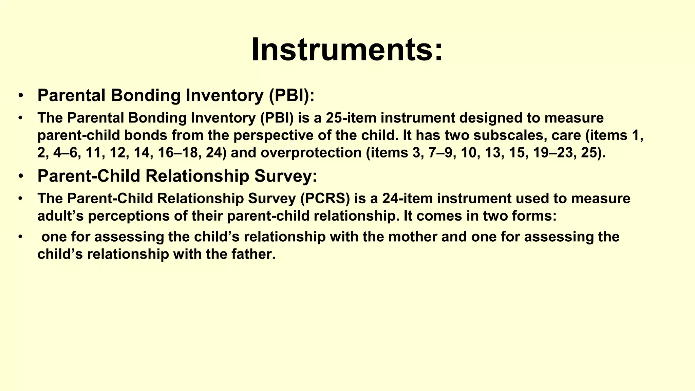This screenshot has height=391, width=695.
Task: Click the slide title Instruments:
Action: point(347,50)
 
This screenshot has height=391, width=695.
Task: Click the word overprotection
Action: point(311,153)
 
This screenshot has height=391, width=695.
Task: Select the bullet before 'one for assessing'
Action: point(21,237)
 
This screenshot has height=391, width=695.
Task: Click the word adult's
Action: point(60,216)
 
